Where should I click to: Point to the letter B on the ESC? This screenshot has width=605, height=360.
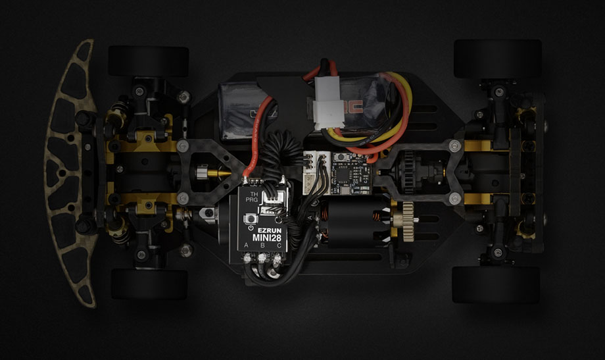point(263,247)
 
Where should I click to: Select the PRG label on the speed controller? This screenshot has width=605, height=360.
point(253,203)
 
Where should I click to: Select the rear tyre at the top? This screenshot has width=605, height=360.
point(497,58)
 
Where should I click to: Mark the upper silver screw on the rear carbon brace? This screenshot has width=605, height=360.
point(454,143)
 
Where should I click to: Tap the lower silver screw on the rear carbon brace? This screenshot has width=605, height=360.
point(454,198)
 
